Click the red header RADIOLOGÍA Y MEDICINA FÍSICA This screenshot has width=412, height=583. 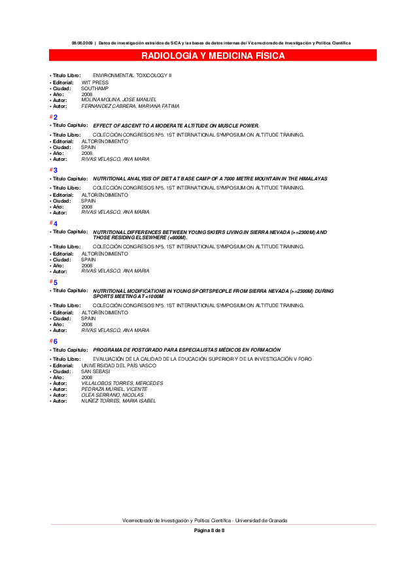[x=213, y=56]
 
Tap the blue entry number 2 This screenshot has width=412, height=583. [x=56, y=117]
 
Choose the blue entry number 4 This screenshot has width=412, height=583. [x=56, y=224]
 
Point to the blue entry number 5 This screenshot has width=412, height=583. [x=56, y=282]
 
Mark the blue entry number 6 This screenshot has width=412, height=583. [x=56, y=341]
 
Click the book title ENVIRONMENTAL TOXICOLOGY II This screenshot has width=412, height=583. [x=132, y=76]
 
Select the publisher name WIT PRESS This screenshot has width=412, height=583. [x=95, y=82]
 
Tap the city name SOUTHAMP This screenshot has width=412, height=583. [x=95, y=88]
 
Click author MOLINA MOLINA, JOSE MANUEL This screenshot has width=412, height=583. [x=119, y=99]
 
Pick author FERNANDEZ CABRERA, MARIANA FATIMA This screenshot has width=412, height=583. [x=130, y=106]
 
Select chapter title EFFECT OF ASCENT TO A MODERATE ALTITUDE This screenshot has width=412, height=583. [x=176, y=125]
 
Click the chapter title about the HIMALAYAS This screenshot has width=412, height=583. [x=210, y=178]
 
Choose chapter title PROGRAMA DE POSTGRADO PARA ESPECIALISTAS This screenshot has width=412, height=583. [x=186, y=350]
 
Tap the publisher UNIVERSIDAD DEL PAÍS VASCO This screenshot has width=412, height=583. [x=119, y=365]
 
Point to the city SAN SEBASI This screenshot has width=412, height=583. [x=95, y=371]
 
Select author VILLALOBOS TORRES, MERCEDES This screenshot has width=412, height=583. [x=122, y=383]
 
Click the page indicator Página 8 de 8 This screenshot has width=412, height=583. [x=209, y=530]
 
